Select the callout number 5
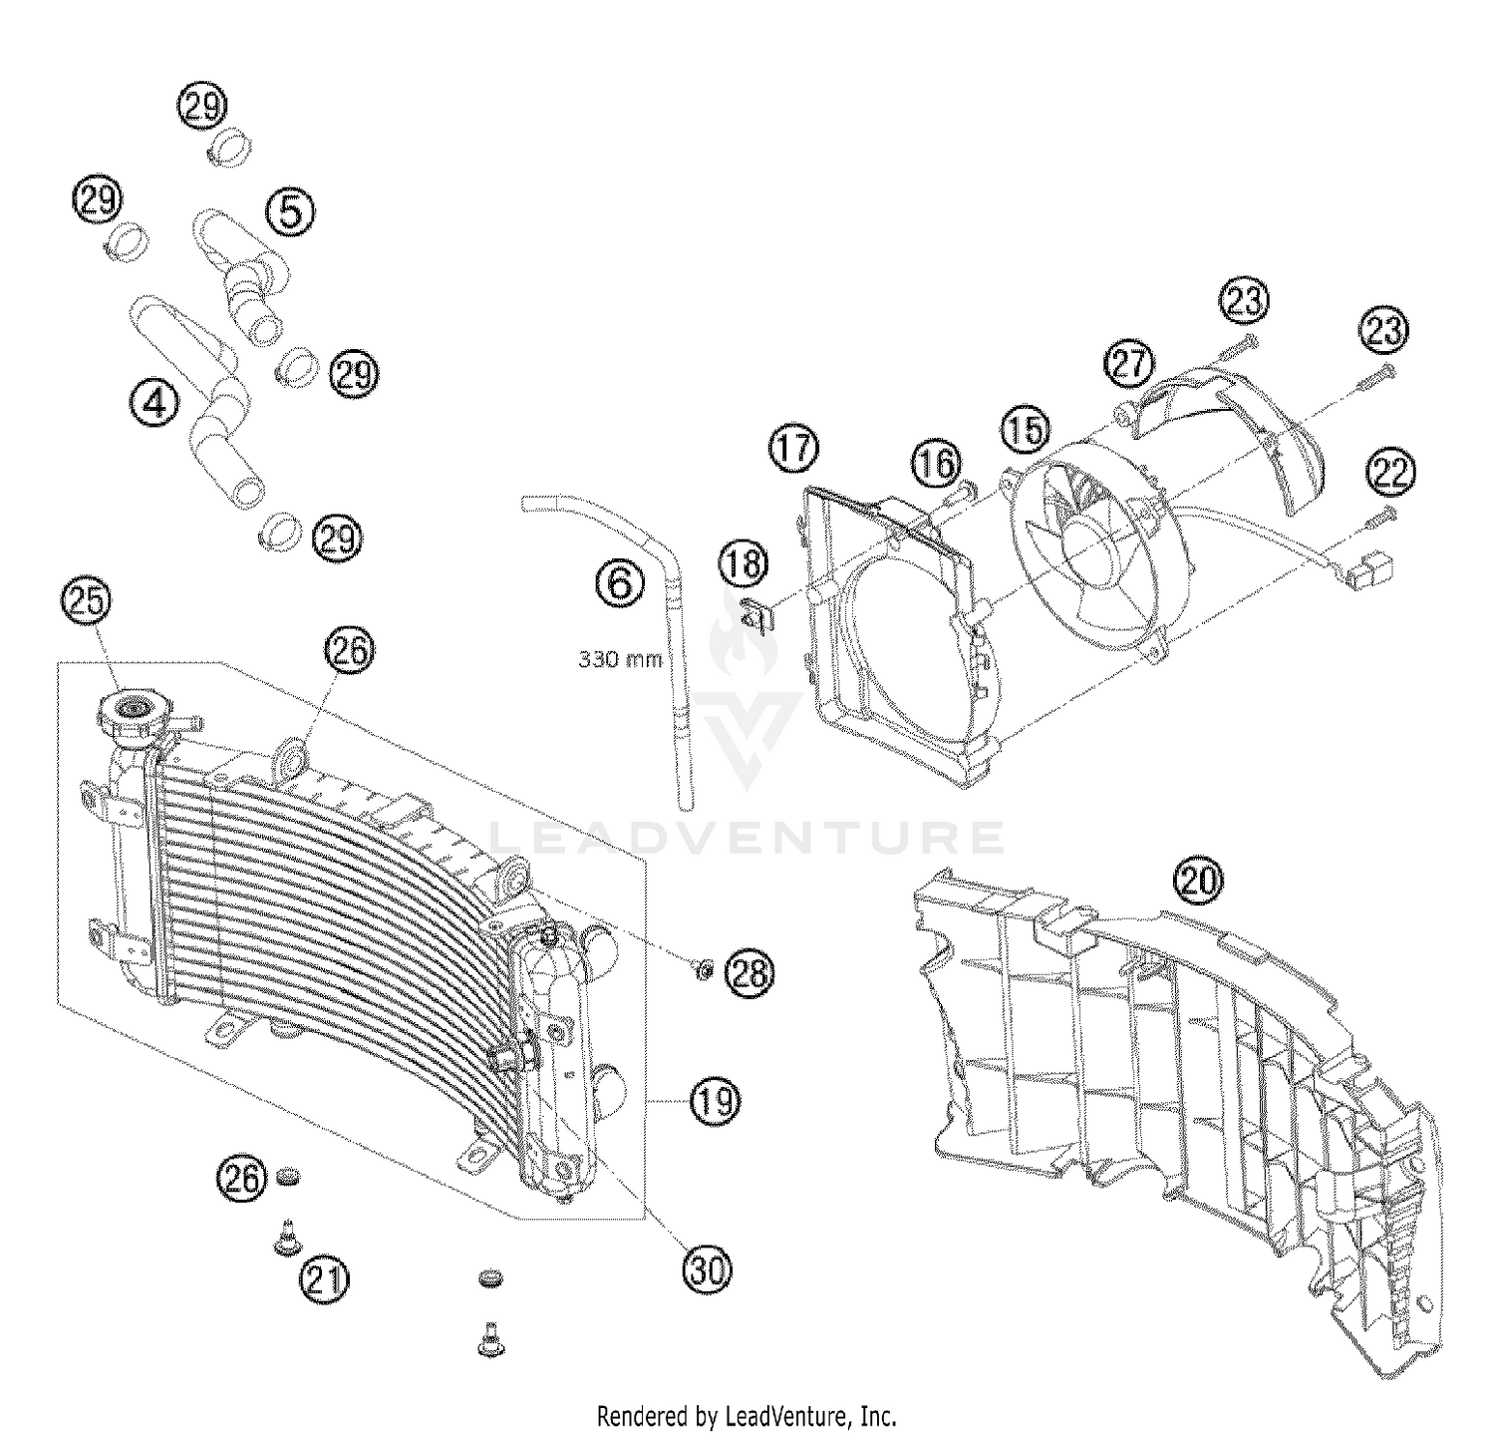pyautogui.click(x=289, y=211)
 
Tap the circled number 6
pyautogui.click(x=620, y=582)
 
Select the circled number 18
pyautogui.click(x=745, y=564)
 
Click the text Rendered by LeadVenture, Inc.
pyautogui.click(x=747, y=1415)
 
